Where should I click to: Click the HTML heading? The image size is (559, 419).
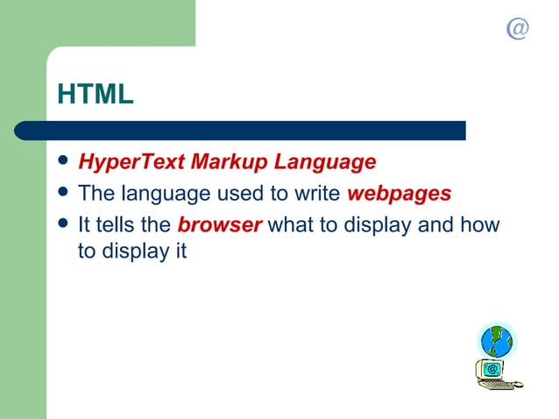96,94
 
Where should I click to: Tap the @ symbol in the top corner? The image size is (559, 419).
518,29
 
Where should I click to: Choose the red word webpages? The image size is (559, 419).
400,194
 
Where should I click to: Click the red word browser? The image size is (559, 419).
219,224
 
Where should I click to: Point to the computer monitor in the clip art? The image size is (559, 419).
492,369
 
